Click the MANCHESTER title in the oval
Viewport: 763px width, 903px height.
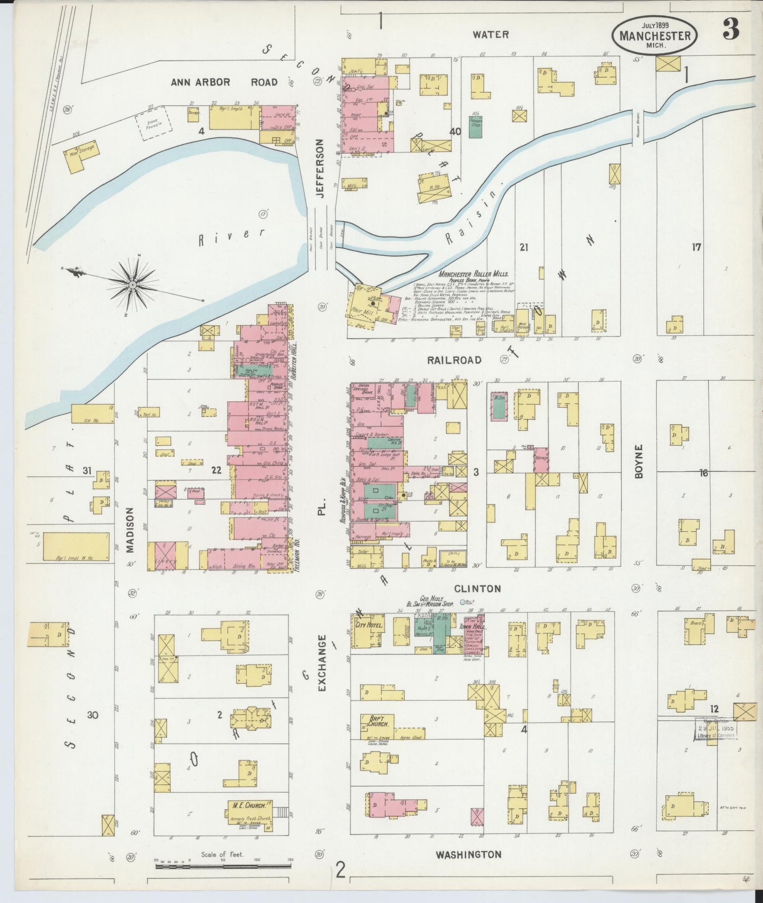tap(655, 36)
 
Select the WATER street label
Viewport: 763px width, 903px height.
tap(491, 34)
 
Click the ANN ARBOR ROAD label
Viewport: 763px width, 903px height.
tap(224, 82)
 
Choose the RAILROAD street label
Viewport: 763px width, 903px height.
tap(454, 360)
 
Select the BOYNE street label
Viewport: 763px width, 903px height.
tap(639, 462)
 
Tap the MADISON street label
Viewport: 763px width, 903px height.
tap(130, 530)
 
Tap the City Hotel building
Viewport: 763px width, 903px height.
tap(368, 631)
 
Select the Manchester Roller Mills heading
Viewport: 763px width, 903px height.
tap(473, 274)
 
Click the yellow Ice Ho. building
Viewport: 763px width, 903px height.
tap(92, 414)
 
